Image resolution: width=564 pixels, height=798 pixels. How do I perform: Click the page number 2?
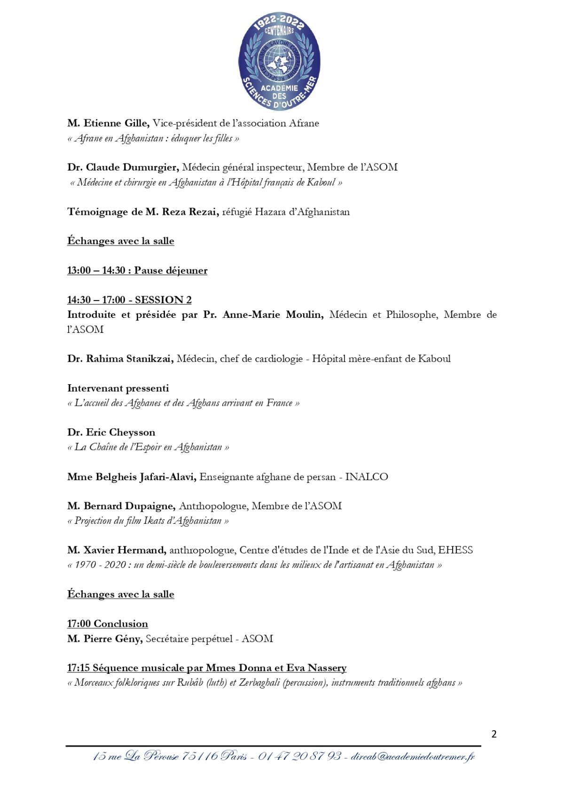pos(493,734)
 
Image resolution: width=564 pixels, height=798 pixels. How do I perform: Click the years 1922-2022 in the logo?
pos(279,23)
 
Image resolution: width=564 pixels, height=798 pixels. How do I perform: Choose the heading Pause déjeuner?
pos(171,270)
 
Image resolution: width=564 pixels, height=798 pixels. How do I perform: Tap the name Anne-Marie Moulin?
pos(273,314)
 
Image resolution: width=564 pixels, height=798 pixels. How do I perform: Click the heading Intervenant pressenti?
pos(118,388)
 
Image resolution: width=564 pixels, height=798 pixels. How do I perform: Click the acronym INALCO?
pos(367,476)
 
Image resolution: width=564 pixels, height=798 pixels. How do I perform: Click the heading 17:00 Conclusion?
pos(108,624)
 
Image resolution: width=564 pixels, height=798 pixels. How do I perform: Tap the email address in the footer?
pos(413,757)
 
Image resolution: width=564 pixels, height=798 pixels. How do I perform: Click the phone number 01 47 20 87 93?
pos(299,757)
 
